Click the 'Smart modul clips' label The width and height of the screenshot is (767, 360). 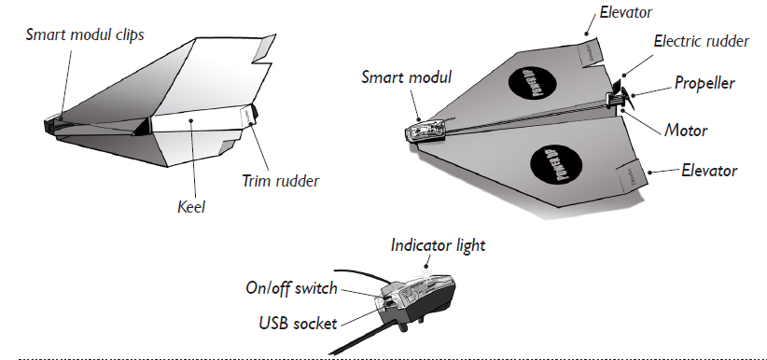[x=85, y=35]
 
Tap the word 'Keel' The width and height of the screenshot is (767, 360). [x=191, y=207]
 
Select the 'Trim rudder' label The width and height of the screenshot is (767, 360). [x=280, y=181]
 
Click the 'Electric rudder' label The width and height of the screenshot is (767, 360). [x=701, y=41]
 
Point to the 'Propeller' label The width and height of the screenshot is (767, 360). [x=704, y=83]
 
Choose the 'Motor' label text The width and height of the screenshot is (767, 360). [x=686, y=131]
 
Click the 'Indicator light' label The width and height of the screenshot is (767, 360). [x=438, y=245]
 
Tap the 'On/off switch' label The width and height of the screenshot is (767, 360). [x=291, y=288]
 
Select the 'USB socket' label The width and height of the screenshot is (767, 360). [x=298, y=324]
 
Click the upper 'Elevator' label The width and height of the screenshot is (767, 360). [x=625, y=12]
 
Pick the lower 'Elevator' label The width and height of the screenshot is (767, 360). [x=709, y=171]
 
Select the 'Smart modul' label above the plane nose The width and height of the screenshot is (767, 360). [x=407, y=77]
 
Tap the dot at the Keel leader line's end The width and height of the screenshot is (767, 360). [x=191, y=119]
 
